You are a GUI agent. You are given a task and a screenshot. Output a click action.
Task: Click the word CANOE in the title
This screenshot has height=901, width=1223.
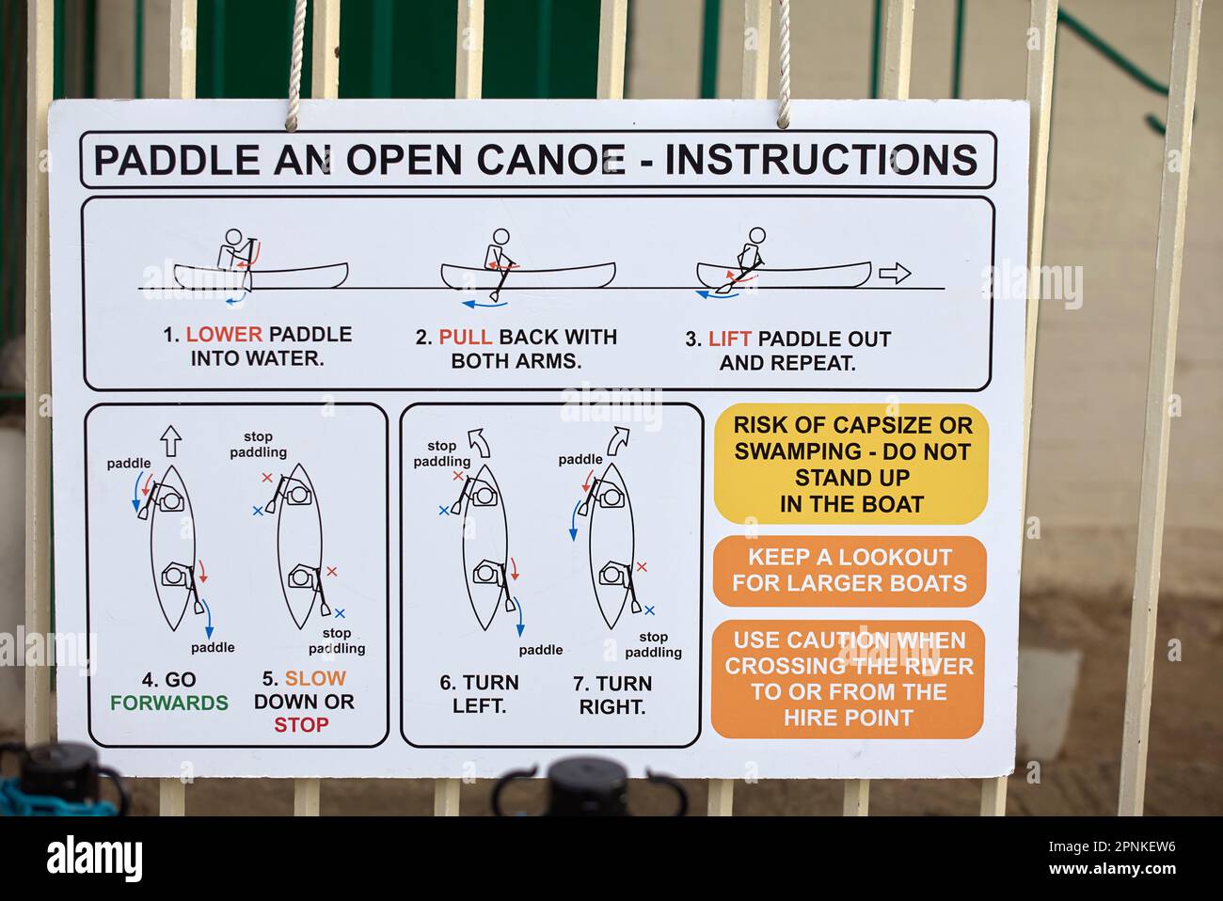point(551,160)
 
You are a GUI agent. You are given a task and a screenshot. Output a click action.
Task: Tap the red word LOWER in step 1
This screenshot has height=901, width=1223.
point(225,334)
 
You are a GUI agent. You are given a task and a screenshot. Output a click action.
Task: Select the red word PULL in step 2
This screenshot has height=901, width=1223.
point(466,337)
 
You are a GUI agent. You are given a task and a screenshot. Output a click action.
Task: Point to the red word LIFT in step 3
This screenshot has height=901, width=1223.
point(730,339)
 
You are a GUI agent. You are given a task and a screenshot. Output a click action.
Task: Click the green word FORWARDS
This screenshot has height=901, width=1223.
point(169,703)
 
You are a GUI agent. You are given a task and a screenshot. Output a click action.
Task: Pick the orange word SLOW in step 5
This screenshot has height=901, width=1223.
point(315,678)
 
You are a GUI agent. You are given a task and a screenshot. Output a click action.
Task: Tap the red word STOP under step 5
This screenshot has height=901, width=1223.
point(301,725)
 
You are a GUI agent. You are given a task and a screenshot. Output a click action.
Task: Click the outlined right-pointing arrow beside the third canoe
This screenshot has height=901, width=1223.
point(895,274)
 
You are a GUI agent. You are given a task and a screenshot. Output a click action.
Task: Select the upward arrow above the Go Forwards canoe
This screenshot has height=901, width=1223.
point(171,441)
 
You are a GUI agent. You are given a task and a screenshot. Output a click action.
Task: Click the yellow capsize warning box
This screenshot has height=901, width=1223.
point(850,465)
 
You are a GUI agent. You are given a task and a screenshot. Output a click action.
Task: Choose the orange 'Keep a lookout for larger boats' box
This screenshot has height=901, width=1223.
point(850,571)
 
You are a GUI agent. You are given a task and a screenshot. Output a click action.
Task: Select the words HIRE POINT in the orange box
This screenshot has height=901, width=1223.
point(849,719)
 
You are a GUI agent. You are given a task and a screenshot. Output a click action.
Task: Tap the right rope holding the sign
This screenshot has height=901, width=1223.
point(784,63)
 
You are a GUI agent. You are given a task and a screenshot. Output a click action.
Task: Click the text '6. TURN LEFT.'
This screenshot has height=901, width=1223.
point(480,695)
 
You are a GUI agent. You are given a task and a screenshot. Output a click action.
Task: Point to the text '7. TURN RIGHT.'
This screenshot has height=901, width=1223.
point(612,695)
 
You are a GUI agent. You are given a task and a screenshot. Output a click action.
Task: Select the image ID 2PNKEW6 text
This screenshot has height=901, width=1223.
point(1143,847)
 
